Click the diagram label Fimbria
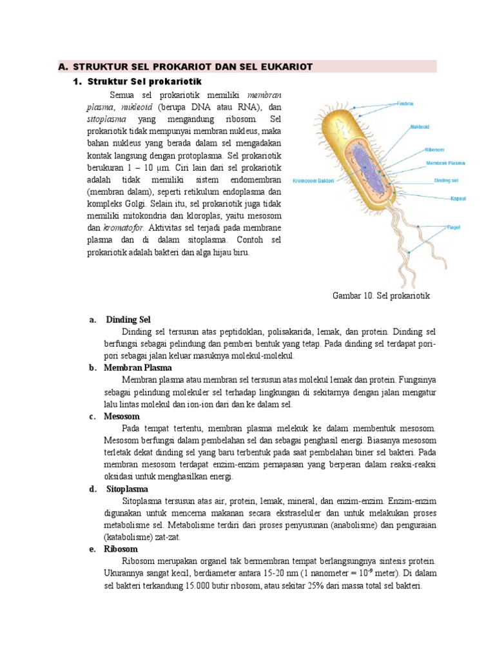405,103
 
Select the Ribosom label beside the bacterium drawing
434,150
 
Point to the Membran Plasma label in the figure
445,164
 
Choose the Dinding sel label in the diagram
446,180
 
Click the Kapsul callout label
441,198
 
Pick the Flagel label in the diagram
438,228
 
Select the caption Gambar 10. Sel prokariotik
380,296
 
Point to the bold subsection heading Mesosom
122,416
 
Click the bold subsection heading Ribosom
121,549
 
